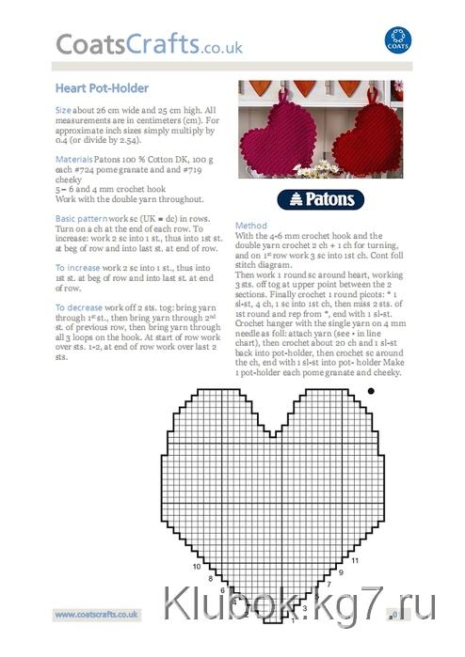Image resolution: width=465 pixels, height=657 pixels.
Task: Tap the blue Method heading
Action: pyautogui.click(x=251, y=226)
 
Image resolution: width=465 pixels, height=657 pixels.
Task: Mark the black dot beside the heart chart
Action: pyautogui.click(x=371, y=390)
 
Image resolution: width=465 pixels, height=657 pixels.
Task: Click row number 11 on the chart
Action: pyautogui.click(x=355, y=560)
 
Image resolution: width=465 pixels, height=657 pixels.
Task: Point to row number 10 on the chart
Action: pyautogui.click(x=198, y=567)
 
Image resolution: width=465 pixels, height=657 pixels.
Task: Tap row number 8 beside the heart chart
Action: pyautogui.click(x=211, y=579)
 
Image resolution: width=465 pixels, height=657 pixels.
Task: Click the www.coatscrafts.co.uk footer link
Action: pyautogui.click(x=97, y=614)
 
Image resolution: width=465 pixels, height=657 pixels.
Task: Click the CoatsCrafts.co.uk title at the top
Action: pyautogui.click(x=149, y=44)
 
